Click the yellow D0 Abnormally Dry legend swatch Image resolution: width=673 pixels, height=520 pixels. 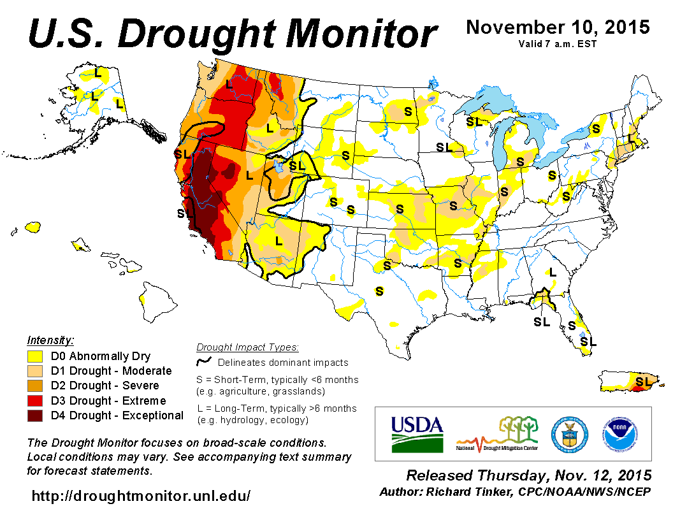click(x=36, y=356)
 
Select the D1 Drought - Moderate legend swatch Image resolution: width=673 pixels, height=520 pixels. click(x=36, y=371)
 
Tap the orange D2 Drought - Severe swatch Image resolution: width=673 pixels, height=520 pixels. click(x=36, y=386)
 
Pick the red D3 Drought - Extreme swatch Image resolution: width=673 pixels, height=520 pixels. click(x=36, y=401)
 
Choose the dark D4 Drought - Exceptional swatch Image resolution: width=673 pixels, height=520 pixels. click(x=36, y=415)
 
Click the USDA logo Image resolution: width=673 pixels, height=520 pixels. click(x=416, y=433)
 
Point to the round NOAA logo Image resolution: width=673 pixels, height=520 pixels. click(x=618, y=433)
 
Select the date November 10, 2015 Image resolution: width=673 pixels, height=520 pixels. click(x=558, y=27)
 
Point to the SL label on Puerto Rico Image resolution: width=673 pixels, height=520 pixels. click(x=645, y=381)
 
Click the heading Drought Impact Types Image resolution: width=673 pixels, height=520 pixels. click(x=247, y=347)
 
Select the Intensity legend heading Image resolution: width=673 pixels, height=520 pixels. click(x=51, y=340)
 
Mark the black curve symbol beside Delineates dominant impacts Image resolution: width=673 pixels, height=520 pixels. click(x=203, y=362)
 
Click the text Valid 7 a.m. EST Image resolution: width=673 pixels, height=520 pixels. click(x=558, y=44)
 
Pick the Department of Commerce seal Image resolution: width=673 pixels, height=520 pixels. click(x=566, y=433)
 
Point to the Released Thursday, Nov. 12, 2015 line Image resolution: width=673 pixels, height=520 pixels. click(x=529, y=476)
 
